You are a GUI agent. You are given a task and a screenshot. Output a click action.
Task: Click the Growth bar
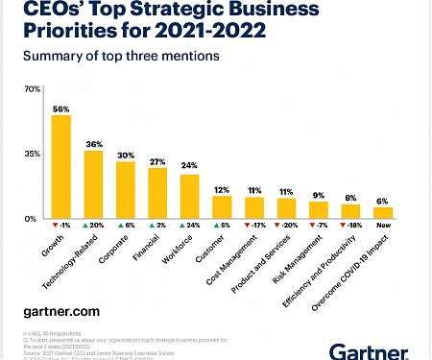[x=60, y=167]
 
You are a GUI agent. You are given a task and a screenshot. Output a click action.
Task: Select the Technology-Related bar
[x=93, y=184]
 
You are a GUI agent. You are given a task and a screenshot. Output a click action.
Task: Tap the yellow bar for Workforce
[x=189, y=196]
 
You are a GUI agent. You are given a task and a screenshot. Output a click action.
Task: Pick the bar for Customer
[x=222, y=206]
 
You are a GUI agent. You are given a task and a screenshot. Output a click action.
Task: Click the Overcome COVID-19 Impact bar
[x=383, y=212]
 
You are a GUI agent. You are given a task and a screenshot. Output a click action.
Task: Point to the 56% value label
[x=60, y=108]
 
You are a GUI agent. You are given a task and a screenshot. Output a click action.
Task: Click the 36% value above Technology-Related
[x=93, y=144]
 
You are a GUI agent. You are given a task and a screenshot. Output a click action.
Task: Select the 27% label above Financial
[x=157, y=160]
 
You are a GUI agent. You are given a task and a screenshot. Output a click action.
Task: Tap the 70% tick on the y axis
[x=32, y=89]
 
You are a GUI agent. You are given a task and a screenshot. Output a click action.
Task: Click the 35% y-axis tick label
[x=32, y=154]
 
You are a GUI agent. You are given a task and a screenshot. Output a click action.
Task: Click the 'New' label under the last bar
[x=383, y=226]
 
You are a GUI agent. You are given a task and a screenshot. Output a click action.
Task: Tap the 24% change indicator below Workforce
[x=189, y=226]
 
